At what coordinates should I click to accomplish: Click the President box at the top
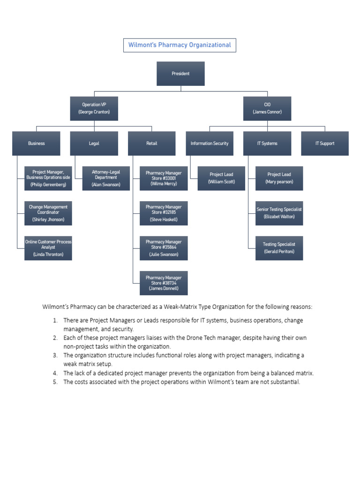[180, 74]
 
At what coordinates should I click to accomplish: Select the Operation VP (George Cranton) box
[94, 108]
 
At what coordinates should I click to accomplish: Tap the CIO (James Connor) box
[267, 108]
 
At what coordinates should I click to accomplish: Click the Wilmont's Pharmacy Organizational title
[180, 45]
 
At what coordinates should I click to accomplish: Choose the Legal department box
[94, 143]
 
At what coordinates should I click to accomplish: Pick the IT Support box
[324, 143]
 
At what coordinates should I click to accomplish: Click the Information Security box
[209, 143]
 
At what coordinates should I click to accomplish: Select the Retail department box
[151, 143]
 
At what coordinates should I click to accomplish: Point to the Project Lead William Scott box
[221, 178]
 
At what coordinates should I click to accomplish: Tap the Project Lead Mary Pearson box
[279, 178]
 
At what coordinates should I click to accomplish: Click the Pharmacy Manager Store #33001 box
[164, 178]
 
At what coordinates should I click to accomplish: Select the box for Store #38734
[164, 283]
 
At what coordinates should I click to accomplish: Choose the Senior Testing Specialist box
[279, 213]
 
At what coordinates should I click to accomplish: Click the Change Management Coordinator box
[48, 213]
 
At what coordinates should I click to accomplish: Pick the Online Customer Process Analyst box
[48, 248]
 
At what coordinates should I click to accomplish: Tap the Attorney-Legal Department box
[106, 178]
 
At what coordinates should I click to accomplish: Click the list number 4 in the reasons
[55, 373]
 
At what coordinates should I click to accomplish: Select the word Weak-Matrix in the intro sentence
[192, 307]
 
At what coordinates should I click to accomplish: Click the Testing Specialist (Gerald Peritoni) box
[279, 248]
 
